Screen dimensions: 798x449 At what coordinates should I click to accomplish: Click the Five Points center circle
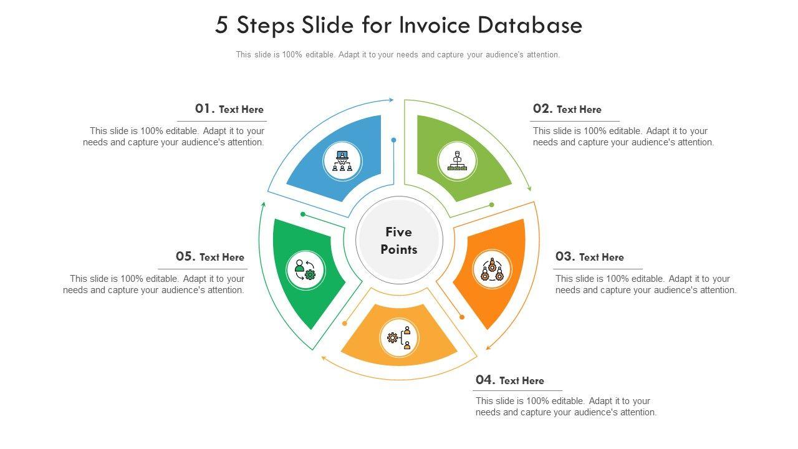click(x=399, y=240)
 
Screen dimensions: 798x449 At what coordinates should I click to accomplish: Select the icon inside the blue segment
click(x=342, y=161)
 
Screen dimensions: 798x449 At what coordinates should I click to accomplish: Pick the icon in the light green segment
click(x=457, y=161)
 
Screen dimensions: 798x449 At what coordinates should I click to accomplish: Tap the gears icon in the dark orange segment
click(x=492, y=270)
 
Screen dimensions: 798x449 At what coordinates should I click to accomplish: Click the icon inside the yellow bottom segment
click(x=400, y=338)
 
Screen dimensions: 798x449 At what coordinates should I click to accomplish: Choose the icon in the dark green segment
click(x=305, y=270)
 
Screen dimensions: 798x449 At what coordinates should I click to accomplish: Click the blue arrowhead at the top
click(x=391, y=100)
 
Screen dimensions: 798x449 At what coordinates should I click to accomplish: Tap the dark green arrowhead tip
click(x=263, y=204)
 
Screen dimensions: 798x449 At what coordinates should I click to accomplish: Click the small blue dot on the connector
click(x=394, y=140)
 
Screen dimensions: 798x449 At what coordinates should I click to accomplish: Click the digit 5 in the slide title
click(x=221, y=26)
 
